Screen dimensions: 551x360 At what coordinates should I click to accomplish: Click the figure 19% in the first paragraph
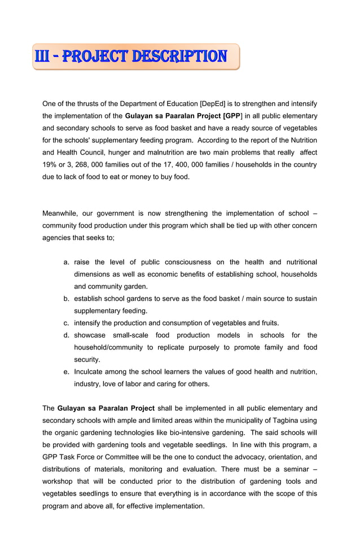[51, 165]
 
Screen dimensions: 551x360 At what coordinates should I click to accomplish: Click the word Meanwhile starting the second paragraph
[59, 213]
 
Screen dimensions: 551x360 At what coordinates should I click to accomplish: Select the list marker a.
[66, 262]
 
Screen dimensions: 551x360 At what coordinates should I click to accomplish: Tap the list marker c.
[66, 323]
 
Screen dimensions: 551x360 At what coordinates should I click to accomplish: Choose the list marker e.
[66, 371]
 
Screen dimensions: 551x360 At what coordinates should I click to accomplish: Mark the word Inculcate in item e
[91, 371]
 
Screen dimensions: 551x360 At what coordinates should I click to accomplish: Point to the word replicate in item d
[180, 347]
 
